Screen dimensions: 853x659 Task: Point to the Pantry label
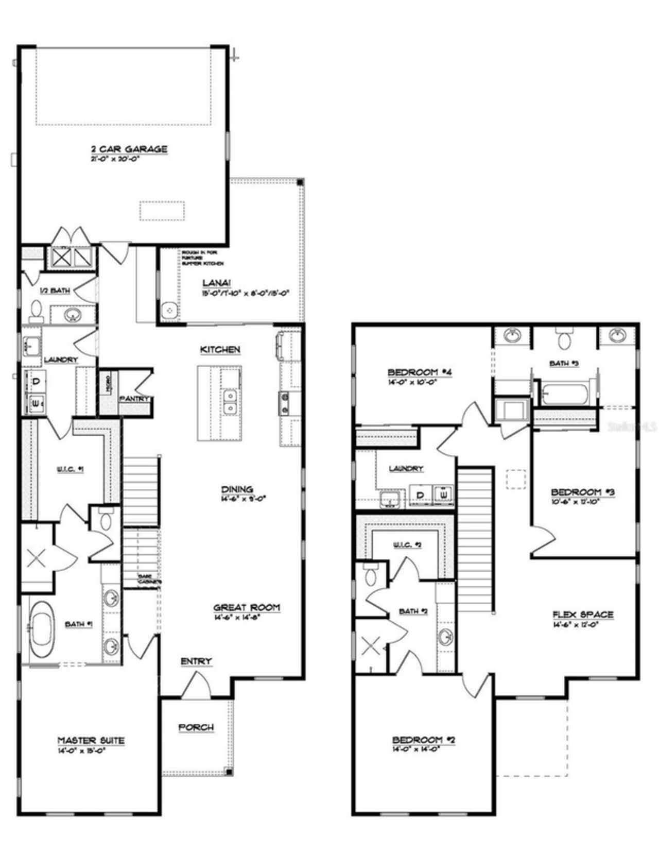(134, 398)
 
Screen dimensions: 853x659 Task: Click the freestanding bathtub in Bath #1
(41, 629)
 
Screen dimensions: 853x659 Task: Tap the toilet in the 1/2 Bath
(36, 311)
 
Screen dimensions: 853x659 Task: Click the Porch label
(196, 727)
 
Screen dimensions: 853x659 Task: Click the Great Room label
(247, 607)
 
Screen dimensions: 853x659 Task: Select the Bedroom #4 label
(420, 372)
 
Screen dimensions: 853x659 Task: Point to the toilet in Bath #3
(564, 340)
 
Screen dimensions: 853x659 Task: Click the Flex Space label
(583, 615)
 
